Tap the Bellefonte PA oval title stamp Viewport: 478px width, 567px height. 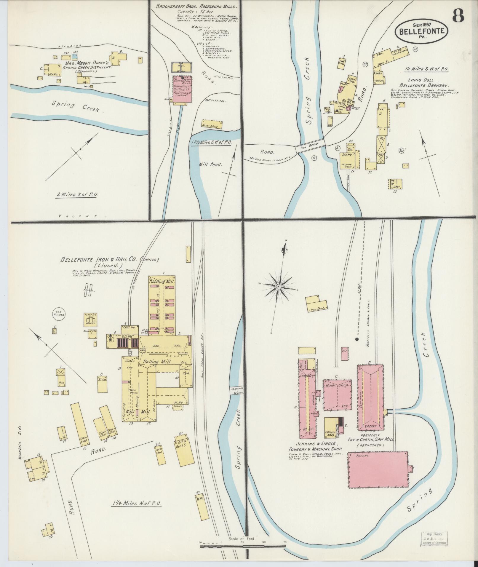pos(421,31)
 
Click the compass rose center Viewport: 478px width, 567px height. pos(279,287)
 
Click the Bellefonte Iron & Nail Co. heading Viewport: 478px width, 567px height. pos(110,260)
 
